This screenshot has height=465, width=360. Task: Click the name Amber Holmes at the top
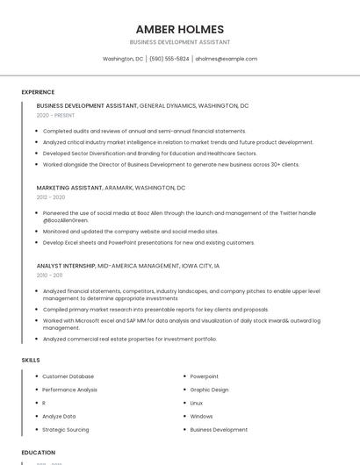[179, 29]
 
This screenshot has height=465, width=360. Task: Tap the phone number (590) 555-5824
[169, 59]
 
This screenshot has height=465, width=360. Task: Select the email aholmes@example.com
[226, 59]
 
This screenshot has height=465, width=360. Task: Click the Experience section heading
[38, 92]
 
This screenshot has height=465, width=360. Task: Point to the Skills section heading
[31, 360]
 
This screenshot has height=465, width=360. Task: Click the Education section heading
[38, 453]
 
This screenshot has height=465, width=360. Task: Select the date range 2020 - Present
[55, 115]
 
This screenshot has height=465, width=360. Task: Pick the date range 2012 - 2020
[50, 197]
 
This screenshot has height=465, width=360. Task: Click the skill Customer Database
[68, 376]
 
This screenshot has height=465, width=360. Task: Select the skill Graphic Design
[209, 390]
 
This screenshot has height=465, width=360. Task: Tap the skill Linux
[197, 403]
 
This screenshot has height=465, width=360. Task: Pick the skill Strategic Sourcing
[65, 430]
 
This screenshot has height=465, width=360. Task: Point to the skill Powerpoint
[205, 376]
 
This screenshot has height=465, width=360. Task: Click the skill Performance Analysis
[69, 390]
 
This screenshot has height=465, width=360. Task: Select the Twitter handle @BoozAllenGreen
[66, 220]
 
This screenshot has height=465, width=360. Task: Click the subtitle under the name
[179, 42]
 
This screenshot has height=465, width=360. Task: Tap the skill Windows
[201, 417]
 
